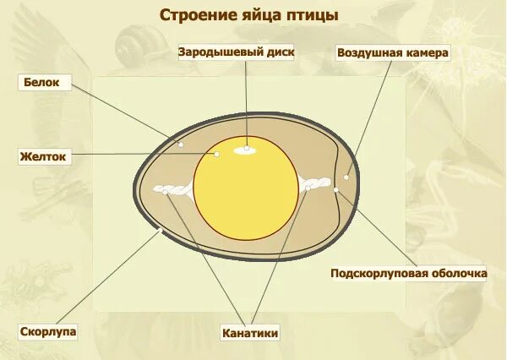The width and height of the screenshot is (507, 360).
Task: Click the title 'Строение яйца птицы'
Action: click(x=249, y=15)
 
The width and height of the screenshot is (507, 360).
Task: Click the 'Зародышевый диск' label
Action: click(x=236, y=52)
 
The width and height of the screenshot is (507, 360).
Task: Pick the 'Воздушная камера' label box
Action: click(x=393, y=52)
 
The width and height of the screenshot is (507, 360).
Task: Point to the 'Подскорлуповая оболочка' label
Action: click(x=408, y=273)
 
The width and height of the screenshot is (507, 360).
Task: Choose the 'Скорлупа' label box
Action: click(x=48, y=331)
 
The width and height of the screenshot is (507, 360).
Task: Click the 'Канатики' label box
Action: click(x=250, y=333)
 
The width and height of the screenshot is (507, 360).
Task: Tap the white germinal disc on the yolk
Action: click(x=247, y=150)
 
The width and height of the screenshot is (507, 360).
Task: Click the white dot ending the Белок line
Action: click(x=181, y=145)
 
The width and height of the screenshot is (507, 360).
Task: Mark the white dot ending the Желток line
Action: click(x=217, y=154)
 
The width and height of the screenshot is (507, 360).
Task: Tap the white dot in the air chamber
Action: click(x=346, y=177)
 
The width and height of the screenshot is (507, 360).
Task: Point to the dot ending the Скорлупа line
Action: click(x=159, y=230)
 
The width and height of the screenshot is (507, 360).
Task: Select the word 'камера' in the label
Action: click(x=424, y=52)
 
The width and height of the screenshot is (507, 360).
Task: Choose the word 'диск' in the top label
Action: click(x=279, y=52)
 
